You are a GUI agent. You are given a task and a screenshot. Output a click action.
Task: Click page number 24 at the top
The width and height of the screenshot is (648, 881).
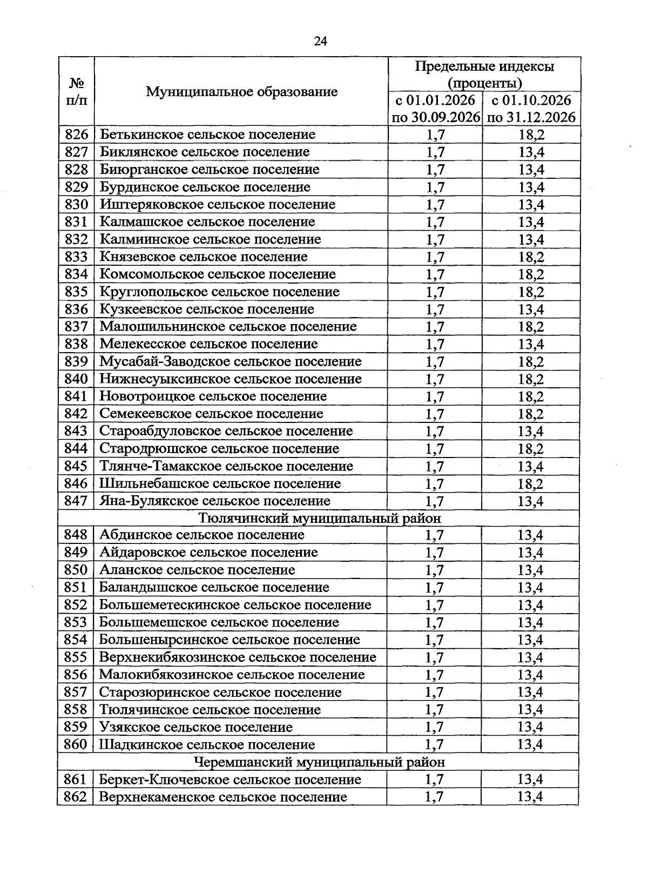click(320, 42)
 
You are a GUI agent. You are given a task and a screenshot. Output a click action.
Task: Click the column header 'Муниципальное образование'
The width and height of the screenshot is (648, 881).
click(241, 91)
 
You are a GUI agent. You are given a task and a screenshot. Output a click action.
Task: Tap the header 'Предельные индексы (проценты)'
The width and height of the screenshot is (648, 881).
click(484, 75)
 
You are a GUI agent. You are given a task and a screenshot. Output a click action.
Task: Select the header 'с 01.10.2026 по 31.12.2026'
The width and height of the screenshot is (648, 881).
click(531, 109)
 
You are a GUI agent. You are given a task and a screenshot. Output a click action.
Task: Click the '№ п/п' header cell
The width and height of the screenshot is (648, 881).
click(76, 91)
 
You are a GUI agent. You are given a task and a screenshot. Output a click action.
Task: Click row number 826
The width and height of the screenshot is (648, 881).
click(76, 134)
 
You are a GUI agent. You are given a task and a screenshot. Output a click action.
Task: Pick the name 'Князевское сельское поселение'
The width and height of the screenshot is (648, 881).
click(204, 257)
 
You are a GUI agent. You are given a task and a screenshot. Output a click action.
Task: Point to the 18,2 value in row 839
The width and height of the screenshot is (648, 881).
click(531, 362)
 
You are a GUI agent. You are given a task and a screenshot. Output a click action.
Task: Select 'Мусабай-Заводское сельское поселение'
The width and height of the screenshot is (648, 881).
click(231, 361)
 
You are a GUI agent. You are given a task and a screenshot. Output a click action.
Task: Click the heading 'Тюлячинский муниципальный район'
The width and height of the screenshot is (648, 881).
click(320, 519)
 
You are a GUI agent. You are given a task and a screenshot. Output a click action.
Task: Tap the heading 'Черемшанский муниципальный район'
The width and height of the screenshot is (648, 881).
click(320, 762)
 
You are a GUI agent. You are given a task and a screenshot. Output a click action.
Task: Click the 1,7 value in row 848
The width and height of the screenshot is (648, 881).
click(434, 535)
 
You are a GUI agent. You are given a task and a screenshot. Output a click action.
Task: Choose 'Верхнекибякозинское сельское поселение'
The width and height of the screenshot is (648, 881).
click(238, 657)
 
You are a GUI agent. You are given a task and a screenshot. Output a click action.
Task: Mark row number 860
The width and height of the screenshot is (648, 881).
click(76, 744)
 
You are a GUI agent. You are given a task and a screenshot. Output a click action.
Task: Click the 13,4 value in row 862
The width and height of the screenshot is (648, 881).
click(530, 797)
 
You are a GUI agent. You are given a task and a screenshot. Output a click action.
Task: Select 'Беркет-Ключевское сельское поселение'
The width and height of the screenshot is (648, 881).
click(230, 779)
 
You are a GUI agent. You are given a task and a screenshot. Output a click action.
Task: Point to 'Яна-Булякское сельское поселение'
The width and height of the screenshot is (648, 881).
click(215, 501)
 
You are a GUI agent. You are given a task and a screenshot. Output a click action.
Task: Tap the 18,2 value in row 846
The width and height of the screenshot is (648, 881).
click(531, 484)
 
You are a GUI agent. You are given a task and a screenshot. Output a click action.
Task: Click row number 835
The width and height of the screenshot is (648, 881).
click(76, 292)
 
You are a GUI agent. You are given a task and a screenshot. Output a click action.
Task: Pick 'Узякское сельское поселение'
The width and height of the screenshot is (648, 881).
click(196, 727)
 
